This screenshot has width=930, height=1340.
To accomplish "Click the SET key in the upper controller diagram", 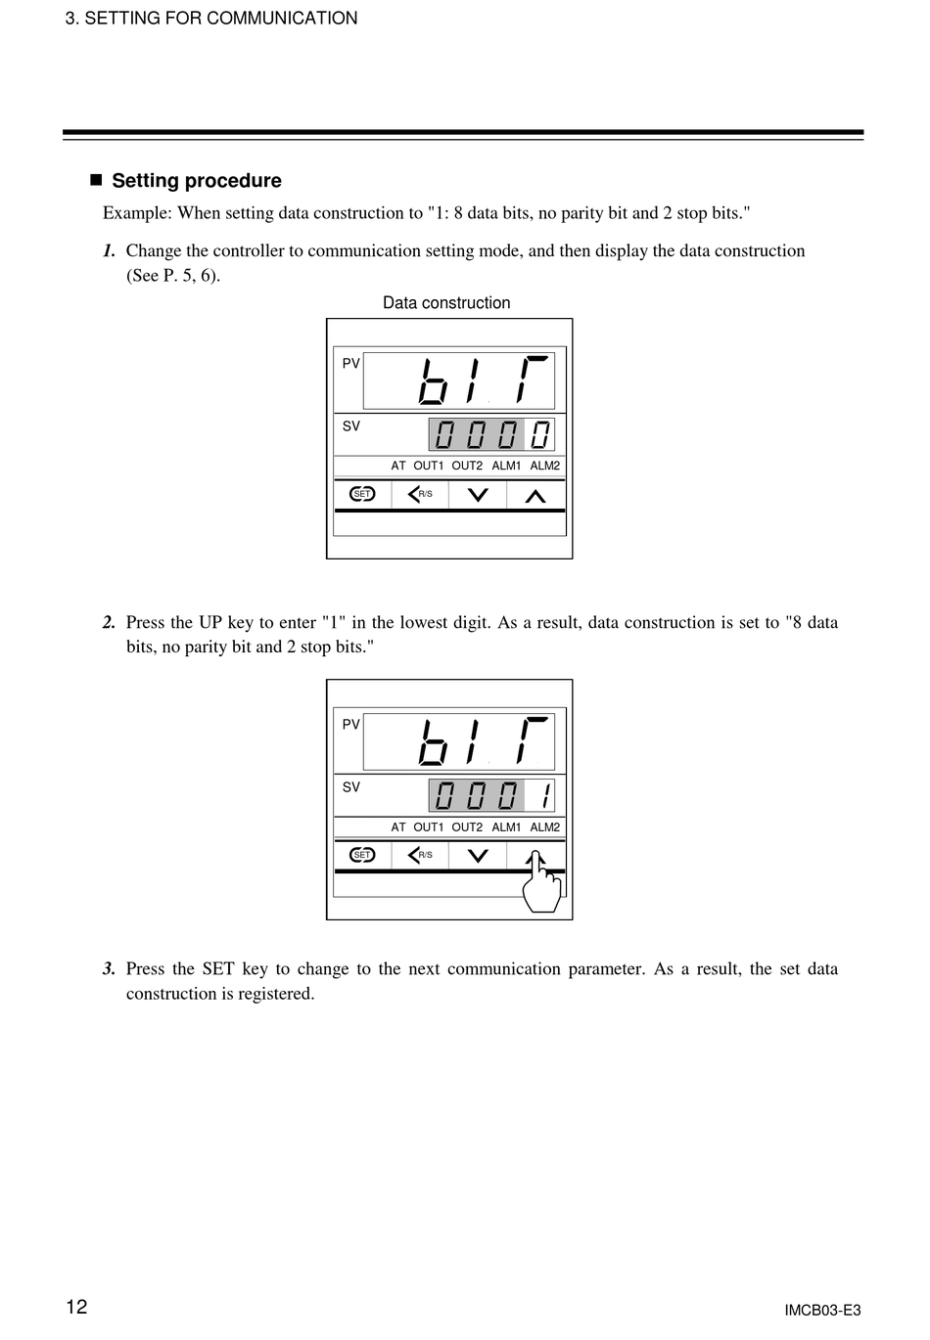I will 362,494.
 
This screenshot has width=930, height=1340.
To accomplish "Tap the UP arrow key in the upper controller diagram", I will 535,495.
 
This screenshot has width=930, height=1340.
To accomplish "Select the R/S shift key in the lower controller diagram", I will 420,855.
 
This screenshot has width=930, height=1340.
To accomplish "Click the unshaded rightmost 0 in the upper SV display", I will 540,434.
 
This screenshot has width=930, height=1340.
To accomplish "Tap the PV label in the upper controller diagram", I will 350,363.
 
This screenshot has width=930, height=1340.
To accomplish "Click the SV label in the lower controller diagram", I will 350,787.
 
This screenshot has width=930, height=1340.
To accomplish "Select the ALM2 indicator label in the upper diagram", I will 545,466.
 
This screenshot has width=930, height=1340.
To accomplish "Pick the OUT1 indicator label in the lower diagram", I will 428,827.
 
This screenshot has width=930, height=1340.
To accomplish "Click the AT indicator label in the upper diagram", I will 398,466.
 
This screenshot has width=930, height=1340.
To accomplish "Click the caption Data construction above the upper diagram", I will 446,303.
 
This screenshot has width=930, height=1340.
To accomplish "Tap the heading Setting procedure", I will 197,181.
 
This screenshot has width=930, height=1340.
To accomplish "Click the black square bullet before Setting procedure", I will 96,180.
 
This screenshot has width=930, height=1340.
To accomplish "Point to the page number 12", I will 76,1308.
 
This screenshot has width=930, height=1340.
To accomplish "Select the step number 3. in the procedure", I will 109,969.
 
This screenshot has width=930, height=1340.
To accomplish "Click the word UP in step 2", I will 210,622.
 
